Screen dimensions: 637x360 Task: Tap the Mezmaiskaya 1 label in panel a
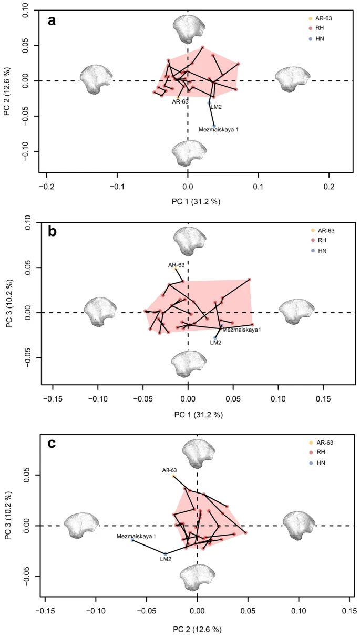tap(219, 129)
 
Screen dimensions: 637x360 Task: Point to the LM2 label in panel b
tap(215, 342)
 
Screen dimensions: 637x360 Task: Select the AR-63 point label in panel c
tap(170, 470)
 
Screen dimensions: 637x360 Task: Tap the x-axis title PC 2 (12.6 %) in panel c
tap(197, 629)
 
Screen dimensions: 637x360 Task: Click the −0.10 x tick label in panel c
tap(95, 612)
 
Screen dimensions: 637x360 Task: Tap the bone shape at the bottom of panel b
tap(188, 364)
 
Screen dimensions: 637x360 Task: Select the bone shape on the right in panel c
tap(297, 526)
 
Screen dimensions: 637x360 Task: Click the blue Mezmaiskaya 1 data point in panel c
tap(132, 540)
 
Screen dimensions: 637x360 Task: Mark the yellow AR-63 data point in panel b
tap(175, 268)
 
